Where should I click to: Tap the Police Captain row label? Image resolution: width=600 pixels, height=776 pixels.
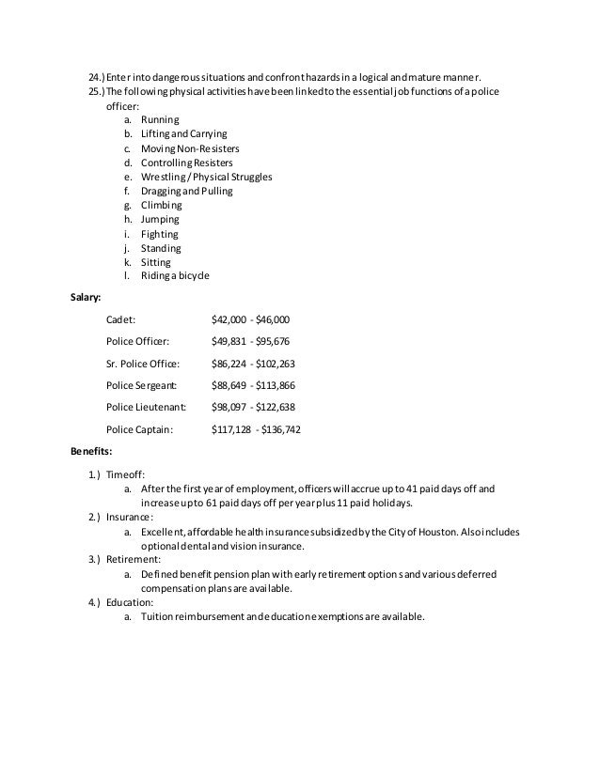click(139, 429)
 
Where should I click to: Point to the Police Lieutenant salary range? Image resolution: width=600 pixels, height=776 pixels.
click(254, 408)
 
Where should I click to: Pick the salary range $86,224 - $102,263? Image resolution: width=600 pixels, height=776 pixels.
click(254, 364)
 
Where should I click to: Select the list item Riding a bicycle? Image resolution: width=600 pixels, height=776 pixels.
click(176, 276)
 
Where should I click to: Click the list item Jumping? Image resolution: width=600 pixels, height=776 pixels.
click(161, 219)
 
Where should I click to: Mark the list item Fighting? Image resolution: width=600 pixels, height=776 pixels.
click(159, 234)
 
